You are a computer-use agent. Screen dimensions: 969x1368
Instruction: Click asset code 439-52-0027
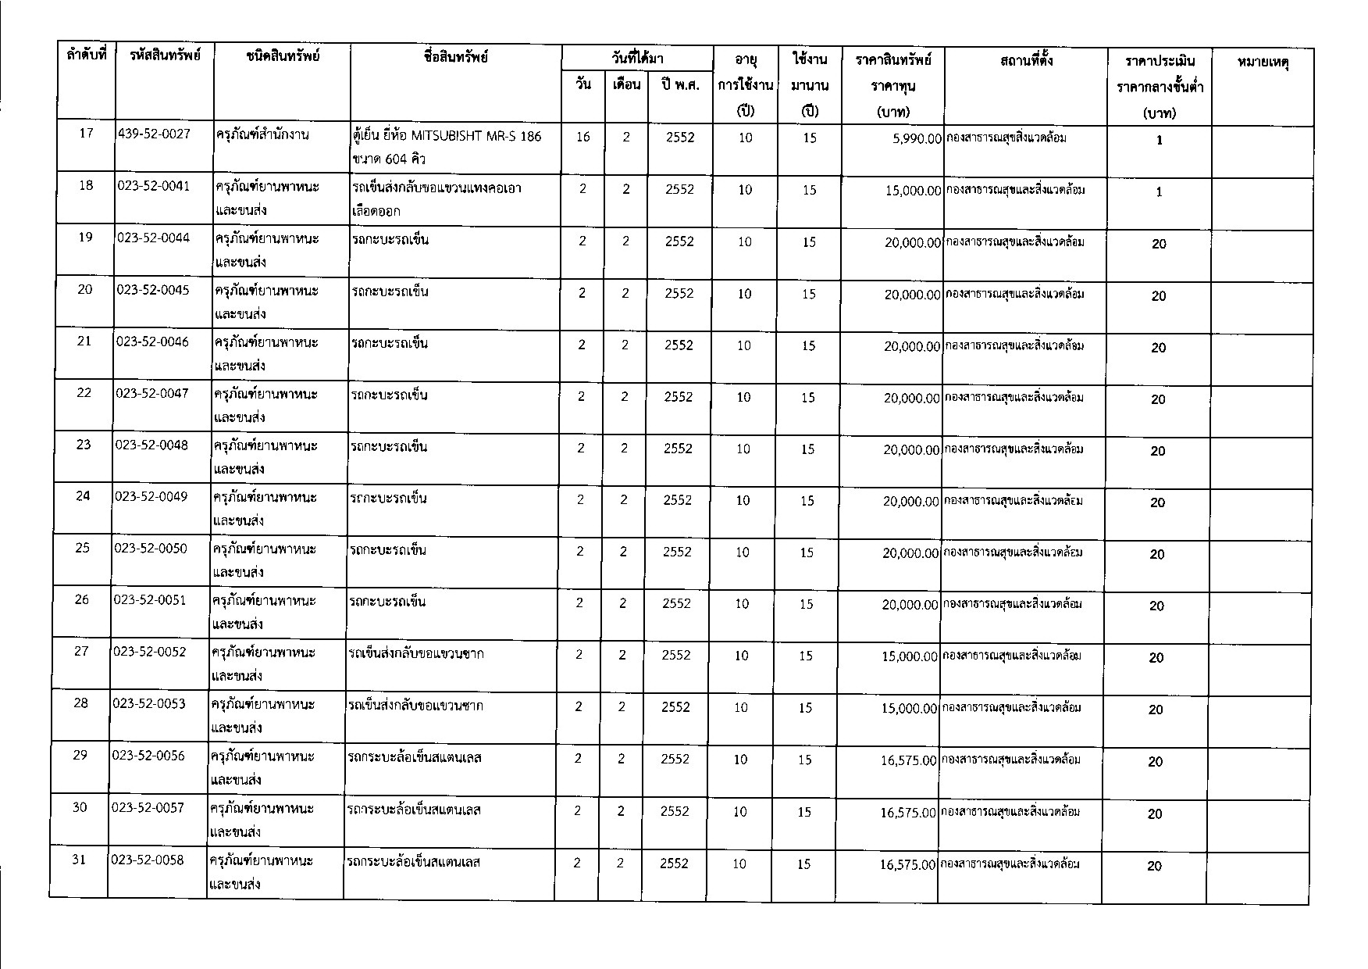154,134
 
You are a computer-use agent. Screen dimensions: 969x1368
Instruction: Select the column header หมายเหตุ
1262,61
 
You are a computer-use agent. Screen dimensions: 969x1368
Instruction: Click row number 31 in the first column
79,860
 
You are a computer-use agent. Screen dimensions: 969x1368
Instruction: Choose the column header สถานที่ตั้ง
1025,59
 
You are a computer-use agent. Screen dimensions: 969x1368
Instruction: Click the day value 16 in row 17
582,137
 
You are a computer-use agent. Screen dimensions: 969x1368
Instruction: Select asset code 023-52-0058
148,860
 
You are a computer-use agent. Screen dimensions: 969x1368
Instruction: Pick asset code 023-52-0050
151,549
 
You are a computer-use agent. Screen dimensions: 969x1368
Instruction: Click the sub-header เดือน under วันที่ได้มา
626,84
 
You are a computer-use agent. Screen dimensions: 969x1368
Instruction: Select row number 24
83,496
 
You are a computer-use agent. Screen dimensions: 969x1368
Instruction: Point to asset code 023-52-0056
149,756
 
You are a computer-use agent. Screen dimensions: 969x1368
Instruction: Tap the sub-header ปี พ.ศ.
679,84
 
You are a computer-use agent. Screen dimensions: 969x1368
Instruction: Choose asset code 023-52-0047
152,393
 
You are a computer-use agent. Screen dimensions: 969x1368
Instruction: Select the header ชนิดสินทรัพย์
282,56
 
